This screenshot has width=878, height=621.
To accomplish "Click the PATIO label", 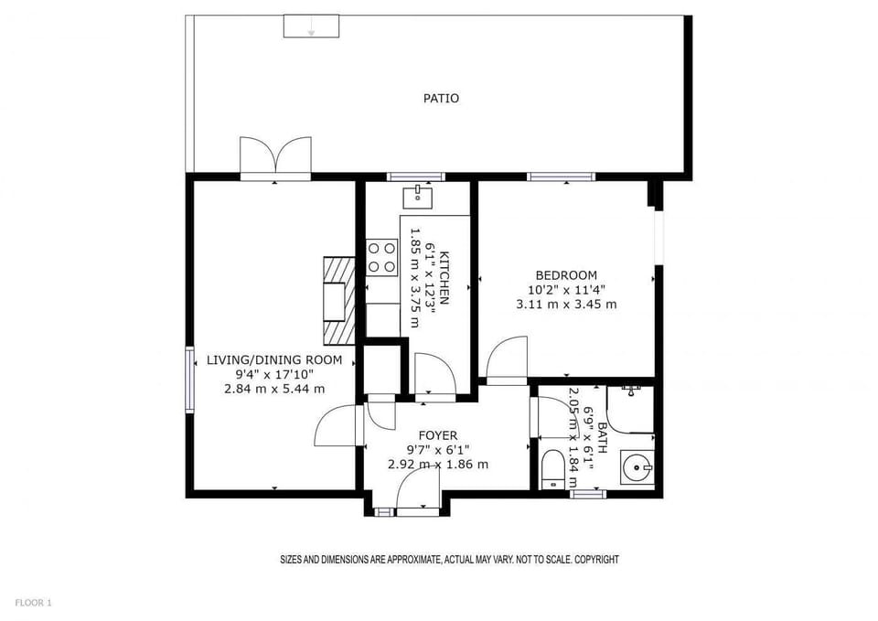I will point(441,98).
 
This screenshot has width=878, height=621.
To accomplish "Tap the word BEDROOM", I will point(566,275).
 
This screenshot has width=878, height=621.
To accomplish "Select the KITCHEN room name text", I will point(444,277).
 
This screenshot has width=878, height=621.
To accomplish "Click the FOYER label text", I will point(438,435).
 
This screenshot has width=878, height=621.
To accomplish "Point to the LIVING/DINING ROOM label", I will point(274,360).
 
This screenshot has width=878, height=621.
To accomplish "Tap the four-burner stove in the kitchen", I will point(381,257).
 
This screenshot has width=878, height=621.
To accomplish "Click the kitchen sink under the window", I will point(418,194).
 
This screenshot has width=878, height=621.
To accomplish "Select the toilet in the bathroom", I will point(552,468).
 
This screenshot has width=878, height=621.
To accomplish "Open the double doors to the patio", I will point(274,155).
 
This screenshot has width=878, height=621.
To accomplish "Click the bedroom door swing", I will point(508,359).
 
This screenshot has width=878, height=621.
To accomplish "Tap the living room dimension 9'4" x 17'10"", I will point(274,374).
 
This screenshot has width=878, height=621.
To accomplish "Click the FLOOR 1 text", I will point(34,603).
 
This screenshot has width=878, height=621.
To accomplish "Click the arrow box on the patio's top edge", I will point(311,27).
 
